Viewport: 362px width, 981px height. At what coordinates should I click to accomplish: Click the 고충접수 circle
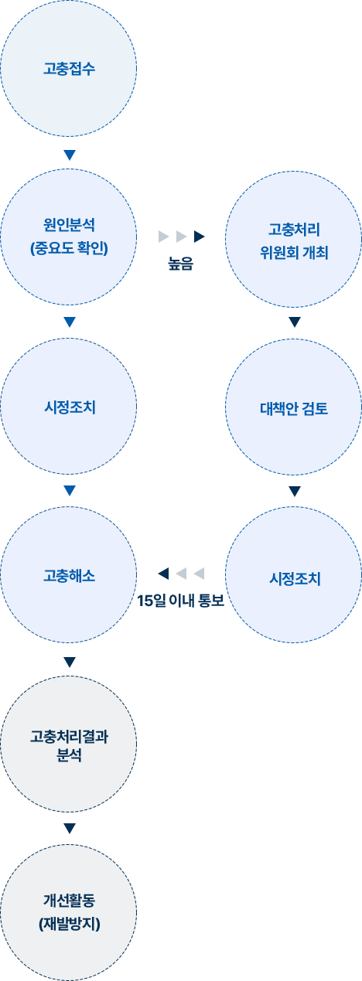click(x=69, y=68)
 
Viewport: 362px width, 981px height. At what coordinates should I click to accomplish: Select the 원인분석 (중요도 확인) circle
click(x=69, y=237)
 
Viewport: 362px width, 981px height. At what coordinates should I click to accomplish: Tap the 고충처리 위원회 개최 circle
click(x=294, y=239)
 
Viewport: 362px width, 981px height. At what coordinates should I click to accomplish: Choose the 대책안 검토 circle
click(x=294, y=407)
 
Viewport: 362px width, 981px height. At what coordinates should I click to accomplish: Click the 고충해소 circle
click(x=69, y=574)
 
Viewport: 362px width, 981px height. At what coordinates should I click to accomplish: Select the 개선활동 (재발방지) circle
click(x=69, y=913)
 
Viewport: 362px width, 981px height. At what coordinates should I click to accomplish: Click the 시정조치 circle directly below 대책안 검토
click(x=294, y=574)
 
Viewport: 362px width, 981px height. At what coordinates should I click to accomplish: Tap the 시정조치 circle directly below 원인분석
click(x=69, y=407)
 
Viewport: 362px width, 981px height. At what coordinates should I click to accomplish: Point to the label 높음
click(x=180, y=264)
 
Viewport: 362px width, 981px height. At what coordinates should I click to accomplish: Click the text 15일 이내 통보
click(x=180, y=601)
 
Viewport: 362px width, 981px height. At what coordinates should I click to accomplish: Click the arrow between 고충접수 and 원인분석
click(x=70, y=155)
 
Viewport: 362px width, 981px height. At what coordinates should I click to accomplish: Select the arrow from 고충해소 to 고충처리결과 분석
click(x=70, y=662)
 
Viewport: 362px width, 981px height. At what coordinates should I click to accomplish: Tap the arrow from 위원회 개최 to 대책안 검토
click(x=295, y=322)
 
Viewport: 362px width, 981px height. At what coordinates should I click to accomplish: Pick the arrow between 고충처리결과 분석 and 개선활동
click(x=70, y=828)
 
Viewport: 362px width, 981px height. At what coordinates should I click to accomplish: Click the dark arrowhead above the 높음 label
click(x=200, y=237)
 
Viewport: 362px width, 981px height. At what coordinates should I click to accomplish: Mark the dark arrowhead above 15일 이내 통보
click(x=163, y=574)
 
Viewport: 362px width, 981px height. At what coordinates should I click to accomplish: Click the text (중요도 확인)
click(x=69, y=249)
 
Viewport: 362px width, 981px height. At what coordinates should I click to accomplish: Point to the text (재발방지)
click(x=70, y=924)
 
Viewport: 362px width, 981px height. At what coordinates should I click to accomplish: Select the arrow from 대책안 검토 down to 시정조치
click(x=295, y=492)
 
